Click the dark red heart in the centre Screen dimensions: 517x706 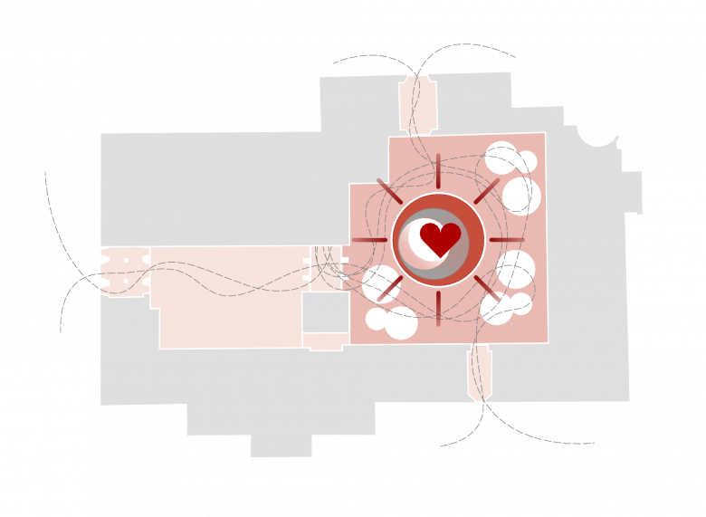tap(441, 238)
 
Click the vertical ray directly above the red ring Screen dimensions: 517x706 tap(436, 173)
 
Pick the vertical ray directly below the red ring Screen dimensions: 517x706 tap(436, 308)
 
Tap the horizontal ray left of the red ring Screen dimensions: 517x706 tap(369, 240)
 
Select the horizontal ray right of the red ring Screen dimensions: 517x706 tap(505, 240)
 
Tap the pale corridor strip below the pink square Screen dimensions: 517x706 tap(480, 371)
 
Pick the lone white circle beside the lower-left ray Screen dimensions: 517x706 tap(377, 283)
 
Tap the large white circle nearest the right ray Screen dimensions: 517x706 tap(515, 268)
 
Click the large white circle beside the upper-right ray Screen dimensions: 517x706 tap(520, 195)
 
